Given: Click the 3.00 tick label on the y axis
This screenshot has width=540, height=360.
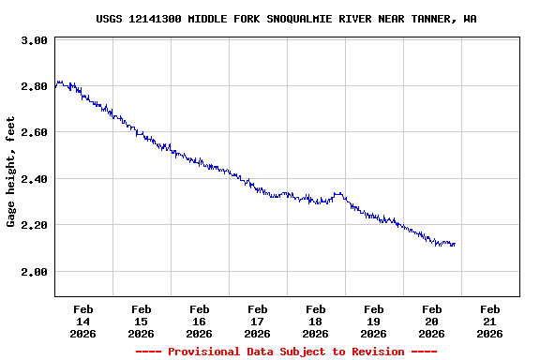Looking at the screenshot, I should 34,41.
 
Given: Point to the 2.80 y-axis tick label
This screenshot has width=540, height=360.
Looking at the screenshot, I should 34,87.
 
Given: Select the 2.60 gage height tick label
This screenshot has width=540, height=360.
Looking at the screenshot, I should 34,133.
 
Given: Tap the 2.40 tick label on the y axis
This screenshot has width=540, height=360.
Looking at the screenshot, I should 34,179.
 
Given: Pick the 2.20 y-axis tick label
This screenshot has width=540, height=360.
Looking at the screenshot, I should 34,226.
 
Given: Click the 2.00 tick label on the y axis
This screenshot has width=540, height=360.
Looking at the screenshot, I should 34,272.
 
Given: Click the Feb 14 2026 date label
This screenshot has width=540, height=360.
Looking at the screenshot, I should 82,321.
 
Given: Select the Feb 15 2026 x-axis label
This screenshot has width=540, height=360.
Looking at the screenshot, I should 141,321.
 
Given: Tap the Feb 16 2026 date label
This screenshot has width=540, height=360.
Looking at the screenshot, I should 199,321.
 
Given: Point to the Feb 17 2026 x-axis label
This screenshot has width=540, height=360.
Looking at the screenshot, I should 257,321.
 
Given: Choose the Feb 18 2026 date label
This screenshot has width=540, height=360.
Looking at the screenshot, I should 315,321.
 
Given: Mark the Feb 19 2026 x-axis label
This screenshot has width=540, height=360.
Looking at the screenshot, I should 373,321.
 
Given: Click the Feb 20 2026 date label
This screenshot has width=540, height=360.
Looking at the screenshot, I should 431,321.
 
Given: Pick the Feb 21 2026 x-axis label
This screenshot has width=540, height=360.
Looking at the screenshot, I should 489,321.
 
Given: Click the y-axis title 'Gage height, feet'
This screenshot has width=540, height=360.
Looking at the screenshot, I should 11,172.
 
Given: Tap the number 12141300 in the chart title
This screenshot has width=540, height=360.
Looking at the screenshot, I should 158,19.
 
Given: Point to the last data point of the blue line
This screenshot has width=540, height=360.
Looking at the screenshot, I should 455,244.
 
